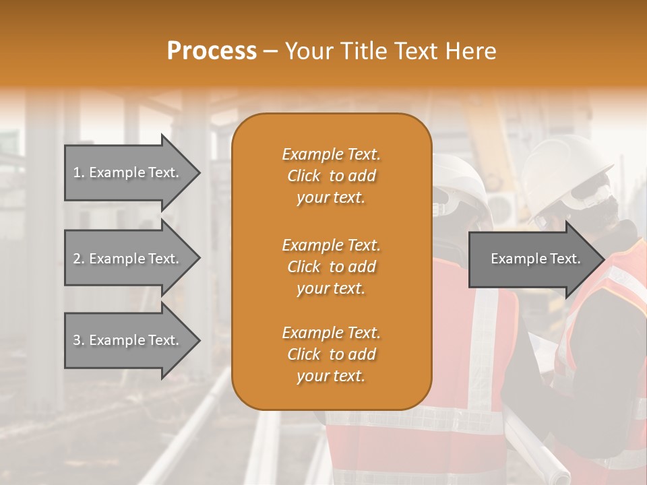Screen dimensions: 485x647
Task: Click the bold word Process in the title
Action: [x=212, y=51]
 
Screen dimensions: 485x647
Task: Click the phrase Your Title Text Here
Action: [x=390, y=51]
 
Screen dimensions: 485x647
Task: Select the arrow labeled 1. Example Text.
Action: [x=128, y=172]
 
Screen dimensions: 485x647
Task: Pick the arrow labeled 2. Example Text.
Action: [x=128, y=259]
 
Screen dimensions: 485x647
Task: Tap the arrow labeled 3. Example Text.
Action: [x=128, y=340]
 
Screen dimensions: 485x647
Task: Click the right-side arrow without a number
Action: [x=532, y=259]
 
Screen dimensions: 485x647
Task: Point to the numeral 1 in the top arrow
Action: [x=77, y=172]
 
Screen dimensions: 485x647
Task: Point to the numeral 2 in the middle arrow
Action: [x=77, y=259]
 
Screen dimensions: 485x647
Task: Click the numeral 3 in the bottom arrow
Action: [x=77, y=340]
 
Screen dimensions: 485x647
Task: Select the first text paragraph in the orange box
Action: [x=331, y=176]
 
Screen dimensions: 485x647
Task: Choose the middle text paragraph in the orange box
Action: [x=331, y=267]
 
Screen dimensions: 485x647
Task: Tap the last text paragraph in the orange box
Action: [x=331, y=354]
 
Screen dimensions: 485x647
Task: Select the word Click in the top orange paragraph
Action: [x=304, y=176]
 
